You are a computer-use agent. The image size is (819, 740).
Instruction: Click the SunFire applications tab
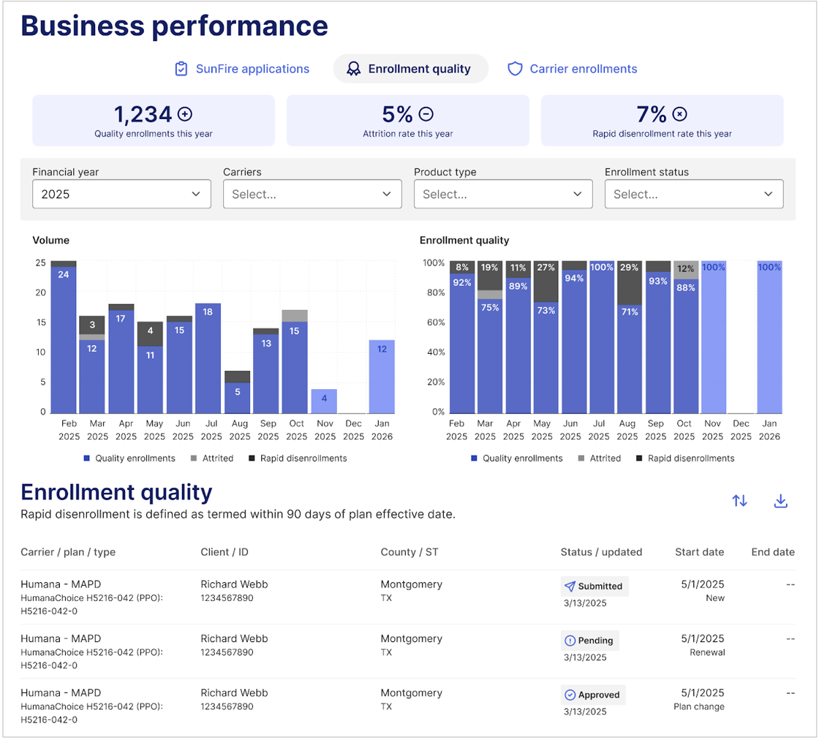pos(242,69)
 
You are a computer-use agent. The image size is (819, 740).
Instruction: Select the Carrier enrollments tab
pos(573,69)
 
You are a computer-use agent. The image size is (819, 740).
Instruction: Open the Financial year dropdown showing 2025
pos(121,195)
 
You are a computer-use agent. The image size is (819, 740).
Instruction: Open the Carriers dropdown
pos(312,195)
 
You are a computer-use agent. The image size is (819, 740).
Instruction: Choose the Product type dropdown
pos(503,195)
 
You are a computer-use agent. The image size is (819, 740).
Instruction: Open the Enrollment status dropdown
pos(694,195)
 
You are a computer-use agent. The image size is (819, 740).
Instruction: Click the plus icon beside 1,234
pos(185,114)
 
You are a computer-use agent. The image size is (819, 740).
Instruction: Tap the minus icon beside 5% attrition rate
pos(426,114)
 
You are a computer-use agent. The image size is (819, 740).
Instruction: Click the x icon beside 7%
pos(680,114)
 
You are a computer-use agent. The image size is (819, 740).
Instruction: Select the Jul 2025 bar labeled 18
pos(208,358)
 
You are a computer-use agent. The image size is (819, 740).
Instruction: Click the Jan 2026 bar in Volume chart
pos(382,377)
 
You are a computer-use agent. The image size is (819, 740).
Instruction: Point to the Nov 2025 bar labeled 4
pos(325,401)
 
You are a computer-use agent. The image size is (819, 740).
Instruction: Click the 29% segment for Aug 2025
pos(627,283)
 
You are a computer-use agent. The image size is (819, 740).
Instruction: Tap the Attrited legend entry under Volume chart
pos(211,458)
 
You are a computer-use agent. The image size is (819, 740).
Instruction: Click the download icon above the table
pos(780,501)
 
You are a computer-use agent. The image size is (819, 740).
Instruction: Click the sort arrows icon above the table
pos(739,501)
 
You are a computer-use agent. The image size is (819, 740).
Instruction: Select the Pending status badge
pos(590,641)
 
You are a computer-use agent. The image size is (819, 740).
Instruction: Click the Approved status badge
pos(592,695)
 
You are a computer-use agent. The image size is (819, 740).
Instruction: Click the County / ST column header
pos(409,552)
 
